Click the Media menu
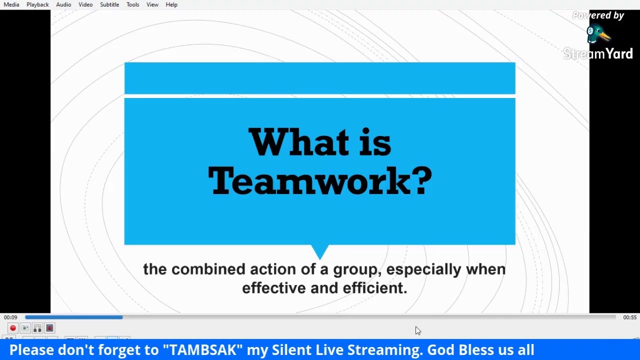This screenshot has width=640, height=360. pos(11,4)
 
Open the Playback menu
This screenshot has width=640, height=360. pos(37,4)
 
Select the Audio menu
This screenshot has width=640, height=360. pos(63,4)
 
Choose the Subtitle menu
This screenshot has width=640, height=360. pos(109,4)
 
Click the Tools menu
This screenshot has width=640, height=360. pos(132,4)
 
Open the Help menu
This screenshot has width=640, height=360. pos(171,4)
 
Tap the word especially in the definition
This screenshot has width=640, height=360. pos(423,269)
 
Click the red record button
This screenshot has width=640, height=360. pos(13,328)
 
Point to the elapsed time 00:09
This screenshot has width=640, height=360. pos(10,317)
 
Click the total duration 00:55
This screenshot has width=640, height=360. pos(629,317)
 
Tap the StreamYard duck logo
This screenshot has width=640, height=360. pos(597,35)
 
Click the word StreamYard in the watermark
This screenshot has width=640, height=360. pos(598,53)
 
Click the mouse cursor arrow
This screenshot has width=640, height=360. pos(417,330)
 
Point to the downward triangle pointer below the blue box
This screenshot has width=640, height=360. pos(320,250)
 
